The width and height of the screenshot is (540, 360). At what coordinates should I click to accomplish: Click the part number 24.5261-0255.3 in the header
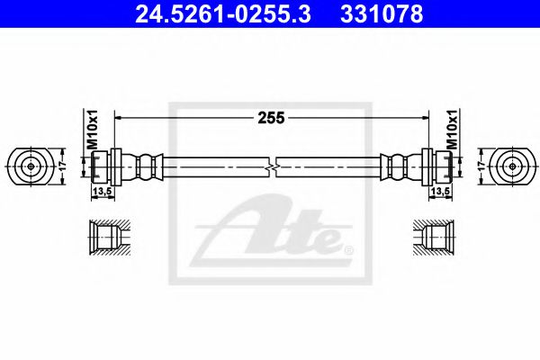point(223,14)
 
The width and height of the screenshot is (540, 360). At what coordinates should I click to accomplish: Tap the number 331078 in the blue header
point(382,14)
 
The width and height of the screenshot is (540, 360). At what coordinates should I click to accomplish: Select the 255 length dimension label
point(272,118)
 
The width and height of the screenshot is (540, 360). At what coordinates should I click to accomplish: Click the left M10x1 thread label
point(93,130)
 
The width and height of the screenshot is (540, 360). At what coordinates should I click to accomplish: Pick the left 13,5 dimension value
point(103,192)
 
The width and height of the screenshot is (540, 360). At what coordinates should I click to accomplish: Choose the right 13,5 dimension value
point(440,192)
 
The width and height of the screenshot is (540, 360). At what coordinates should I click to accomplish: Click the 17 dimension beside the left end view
point(62,166)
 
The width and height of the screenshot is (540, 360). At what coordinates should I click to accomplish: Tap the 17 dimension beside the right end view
point(482,166)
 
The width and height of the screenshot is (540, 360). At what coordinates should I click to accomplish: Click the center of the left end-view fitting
point(31,166)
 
